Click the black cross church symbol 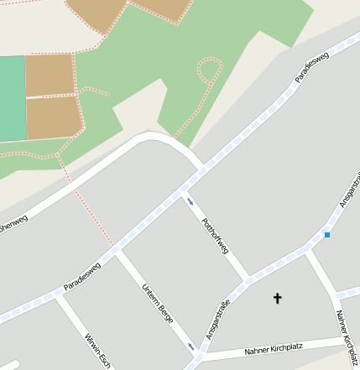tap(278, 298)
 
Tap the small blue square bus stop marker tap(327, 235)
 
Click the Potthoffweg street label tap(215, 236)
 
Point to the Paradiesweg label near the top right tap(312, 66)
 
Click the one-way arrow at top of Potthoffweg tap(191, 201)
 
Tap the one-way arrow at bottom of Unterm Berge tap(191, 347)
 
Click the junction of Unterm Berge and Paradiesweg tap(118, 250)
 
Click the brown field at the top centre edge tap(159, 8)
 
